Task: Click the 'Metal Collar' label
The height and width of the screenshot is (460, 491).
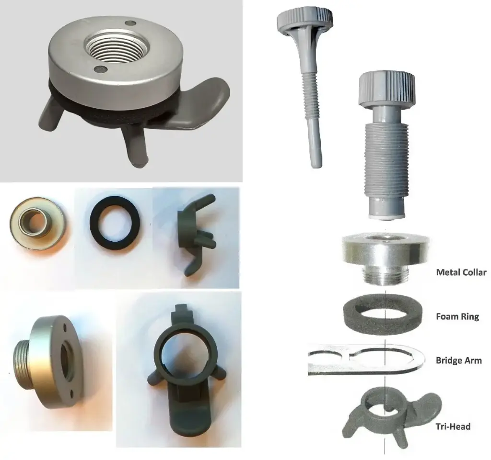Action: [x=461, y=272]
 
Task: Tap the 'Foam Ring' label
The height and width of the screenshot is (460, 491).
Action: [x=457, y=316]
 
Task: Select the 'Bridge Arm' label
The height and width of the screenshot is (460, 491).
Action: [x=458, y=360]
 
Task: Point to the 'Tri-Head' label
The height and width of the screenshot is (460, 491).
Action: [x=453, y=426]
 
